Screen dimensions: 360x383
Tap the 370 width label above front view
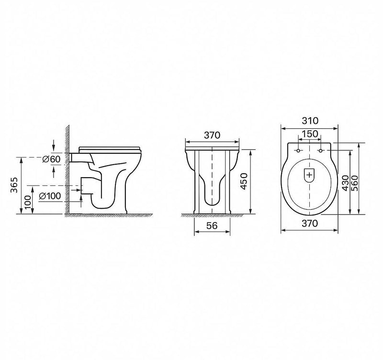pyautogui.click(x=212, y=135)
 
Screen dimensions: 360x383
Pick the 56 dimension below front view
pyautogui.click(x=212, y=227)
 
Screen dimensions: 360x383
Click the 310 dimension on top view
pyautogui.click(x=310, y=121)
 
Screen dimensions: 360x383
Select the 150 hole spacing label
pyautogui.click(x=310, y=135)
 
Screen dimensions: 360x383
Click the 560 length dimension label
pyautogui.click(x=355, y=182)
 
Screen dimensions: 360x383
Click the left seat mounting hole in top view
pyautogui.click(x=299, y=151)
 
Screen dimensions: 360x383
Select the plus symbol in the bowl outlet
pyautogui.click(x=310, y=175)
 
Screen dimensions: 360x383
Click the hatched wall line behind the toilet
pyautogui.click(x=68, y=172)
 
